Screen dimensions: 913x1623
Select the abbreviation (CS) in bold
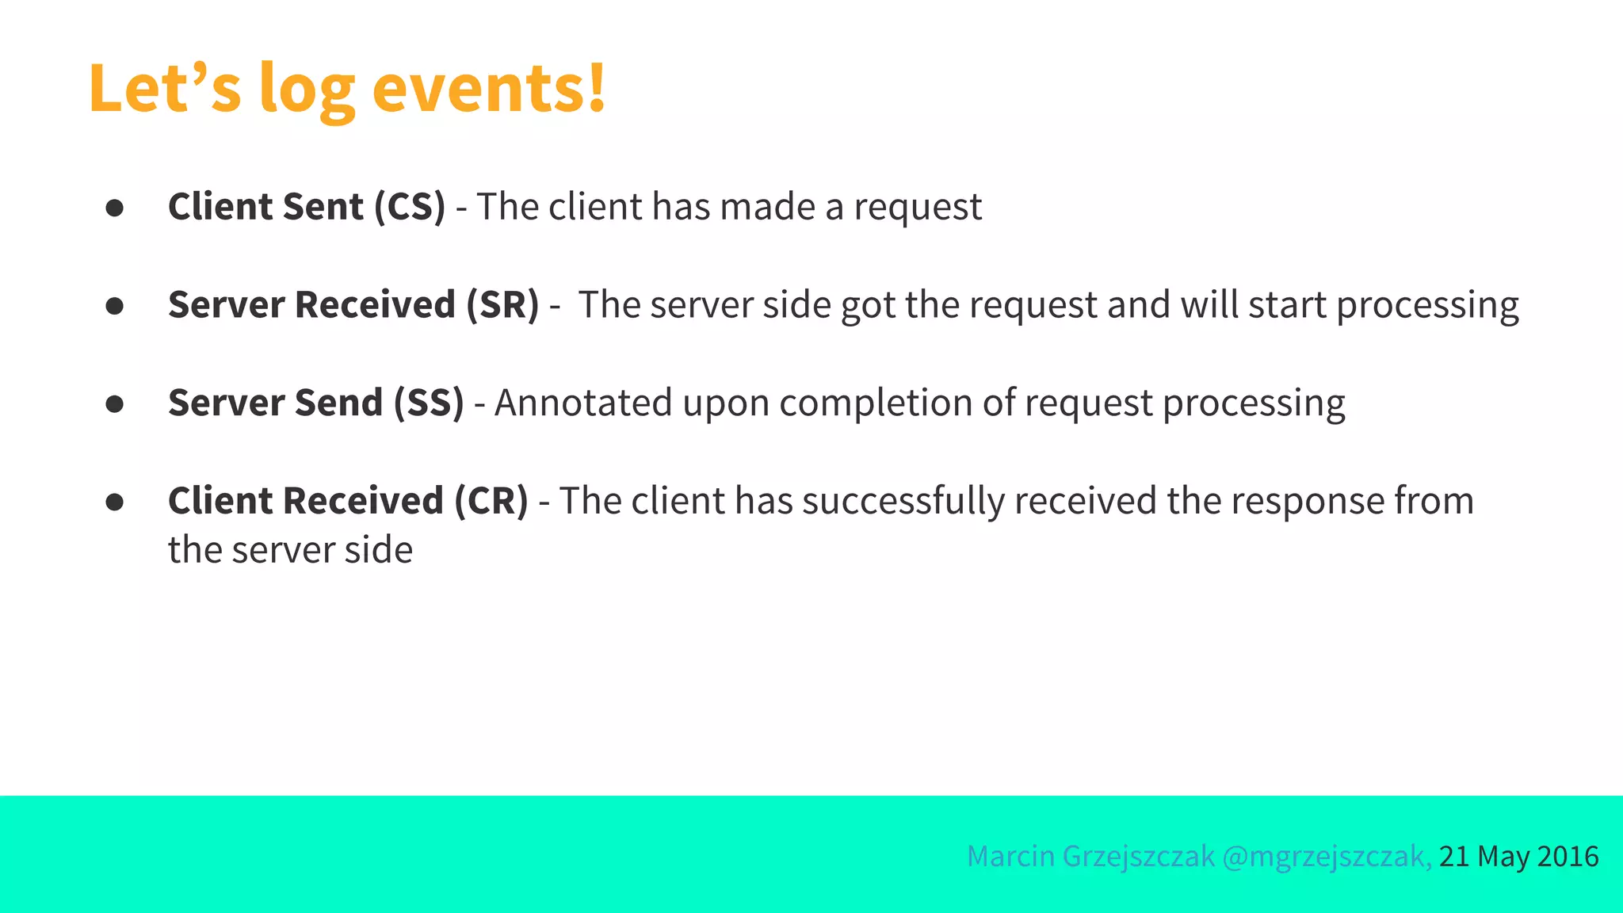(410, 207)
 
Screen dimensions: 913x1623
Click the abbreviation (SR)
(502, 305)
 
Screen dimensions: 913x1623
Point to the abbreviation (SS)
(429, 403)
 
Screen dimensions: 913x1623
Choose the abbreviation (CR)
(491, 501)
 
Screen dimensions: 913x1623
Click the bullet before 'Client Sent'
(115, 208)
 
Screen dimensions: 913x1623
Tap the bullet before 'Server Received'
(115, 307)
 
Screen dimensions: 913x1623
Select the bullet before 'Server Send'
(115, 404)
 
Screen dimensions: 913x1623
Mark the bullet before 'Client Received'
(115, 502)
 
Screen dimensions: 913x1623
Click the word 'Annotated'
(583, 403)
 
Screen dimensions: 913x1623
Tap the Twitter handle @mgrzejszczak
(1326, 857)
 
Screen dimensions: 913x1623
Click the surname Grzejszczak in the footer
(1138, 857)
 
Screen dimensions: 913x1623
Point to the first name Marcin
(1010, 857)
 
